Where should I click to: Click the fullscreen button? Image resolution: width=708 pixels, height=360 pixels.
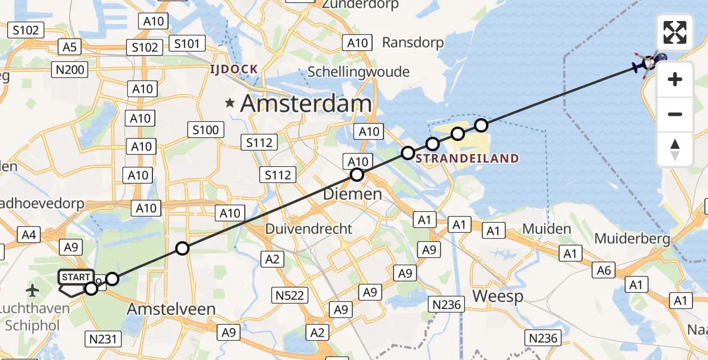coord(675,32)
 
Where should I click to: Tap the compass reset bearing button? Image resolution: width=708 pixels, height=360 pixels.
coord(675,149)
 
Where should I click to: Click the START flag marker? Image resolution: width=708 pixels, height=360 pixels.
coord(76,278)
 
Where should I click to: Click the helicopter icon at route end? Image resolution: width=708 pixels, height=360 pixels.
coord(649,62)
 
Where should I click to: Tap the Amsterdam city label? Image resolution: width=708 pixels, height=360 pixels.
coord(306,103)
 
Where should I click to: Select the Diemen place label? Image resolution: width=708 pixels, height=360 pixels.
coord(352,194)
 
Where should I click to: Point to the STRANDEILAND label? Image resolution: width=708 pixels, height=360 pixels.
coord(467,159)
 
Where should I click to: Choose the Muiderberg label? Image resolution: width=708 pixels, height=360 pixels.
coord(632,238)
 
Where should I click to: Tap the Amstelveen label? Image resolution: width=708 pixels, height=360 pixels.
coord(171,309)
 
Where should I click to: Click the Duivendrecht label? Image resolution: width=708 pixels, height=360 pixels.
coord(309,229)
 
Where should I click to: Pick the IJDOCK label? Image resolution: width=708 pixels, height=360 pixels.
coord(233,70)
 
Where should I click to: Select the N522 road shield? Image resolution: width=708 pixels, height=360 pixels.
coord(290,295)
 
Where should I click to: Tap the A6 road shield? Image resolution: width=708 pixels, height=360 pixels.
coord(604,271)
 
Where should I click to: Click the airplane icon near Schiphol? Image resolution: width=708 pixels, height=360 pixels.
coord(32,291)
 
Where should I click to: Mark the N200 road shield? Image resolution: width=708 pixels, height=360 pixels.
coord(70,70)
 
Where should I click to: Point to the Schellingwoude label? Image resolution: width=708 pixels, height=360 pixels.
coord(358,72)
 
